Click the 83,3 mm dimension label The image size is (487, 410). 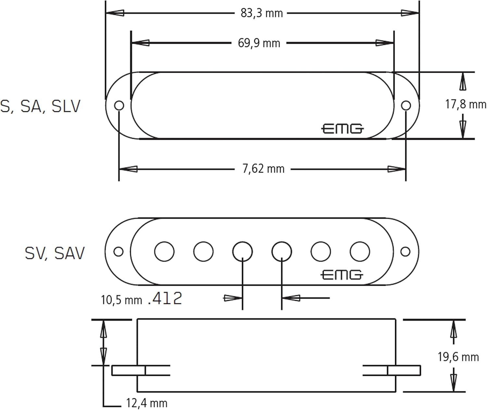point(261,13)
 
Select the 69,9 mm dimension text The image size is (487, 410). point(259,43)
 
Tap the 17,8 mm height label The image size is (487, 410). point(465,104)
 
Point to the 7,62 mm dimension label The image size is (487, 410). point(263,169)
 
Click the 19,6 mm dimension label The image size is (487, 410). point(458,357)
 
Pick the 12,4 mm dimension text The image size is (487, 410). point(146,403)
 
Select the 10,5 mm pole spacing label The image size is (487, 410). point(121,300)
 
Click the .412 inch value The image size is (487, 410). point(165,299)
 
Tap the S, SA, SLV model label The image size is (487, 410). point(40,106)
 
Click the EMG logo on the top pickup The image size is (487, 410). point(342,129)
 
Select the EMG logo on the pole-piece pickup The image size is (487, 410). point(342,275)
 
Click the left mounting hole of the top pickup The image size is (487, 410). point(119,105)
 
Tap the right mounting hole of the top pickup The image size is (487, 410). point(406,105)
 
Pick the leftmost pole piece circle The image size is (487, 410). point(164,251)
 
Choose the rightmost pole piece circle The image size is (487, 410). point(360,251)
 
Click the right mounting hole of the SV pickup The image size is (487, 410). point(406,251)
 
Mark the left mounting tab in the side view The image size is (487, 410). point(128,370)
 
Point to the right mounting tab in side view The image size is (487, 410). point(404,370)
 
